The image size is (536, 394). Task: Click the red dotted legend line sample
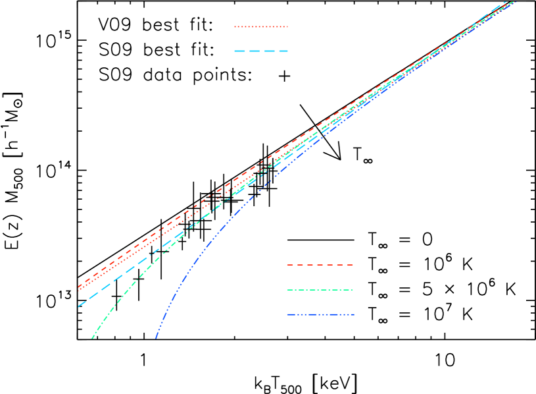261,27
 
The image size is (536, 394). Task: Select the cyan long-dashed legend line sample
261,51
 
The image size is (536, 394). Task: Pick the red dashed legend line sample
320,265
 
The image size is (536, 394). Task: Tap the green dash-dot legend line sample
320,290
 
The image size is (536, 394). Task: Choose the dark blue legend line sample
320,314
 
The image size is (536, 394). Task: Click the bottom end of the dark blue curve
156,338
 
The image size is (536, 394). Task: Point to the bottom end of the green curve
92,338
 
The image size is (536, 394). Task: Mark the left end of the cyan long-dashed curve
78,306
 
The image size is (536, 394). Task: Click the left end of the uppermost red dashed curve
78,287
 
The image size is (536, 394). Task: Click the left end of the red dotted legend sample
235,27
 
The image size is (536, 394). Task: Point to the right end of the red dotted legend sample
287,27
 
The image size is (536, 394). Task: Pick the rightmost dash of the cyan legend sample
283,51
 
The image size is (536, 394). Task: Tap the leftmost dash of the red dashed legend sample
289,265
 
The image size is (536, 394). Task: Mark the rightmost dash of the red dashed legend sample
351,265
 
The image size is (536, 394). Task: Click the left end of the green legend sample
287,290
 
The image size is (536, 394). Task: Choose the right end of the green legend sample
353,290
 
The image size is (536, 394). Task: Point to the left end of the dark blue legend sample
287,314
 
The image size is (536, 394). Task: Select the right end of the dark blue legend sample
354,314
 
